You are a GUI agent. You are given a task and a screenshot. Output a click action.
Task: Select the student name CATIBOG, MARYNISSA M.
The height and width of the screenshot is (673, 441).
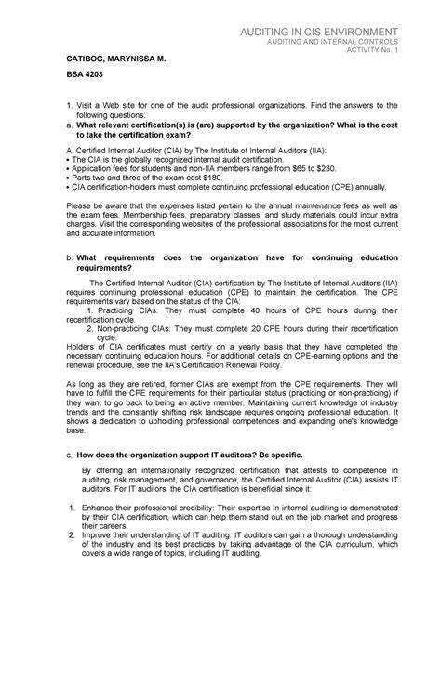(x=101, y=58)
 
